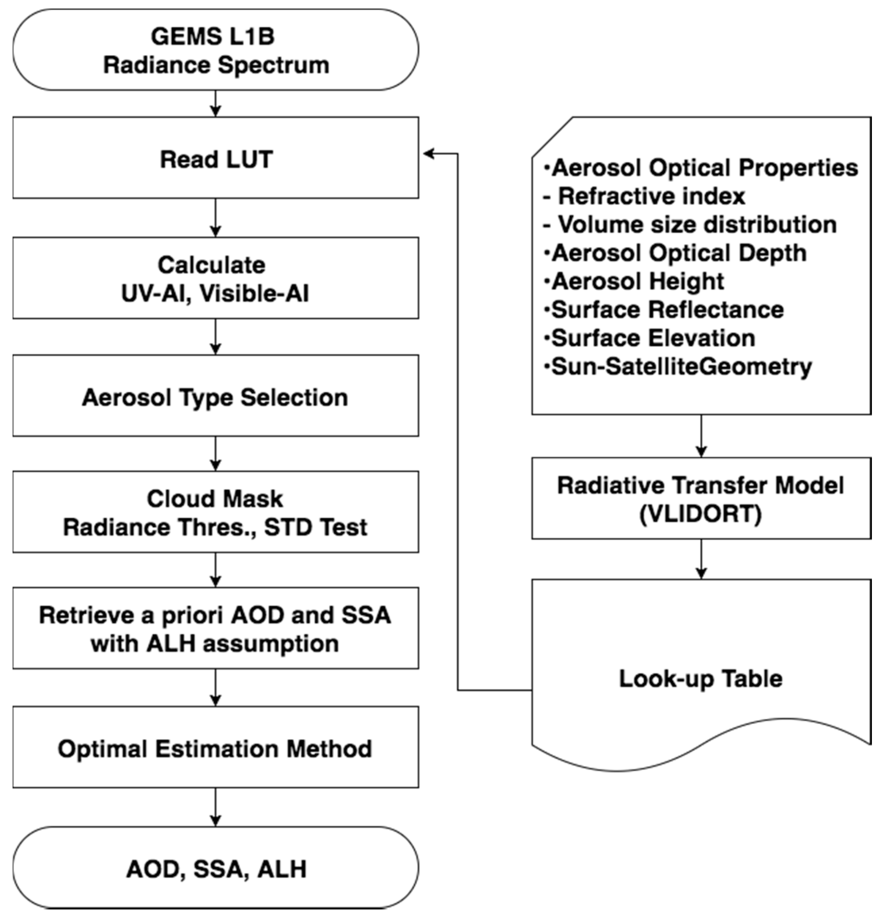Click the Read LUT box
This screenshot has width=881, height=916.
click(216, 158)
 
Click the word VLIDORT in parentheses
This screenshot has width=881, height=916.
click(701, 514)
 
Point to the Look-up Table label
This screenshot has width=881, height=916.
click(701, 679)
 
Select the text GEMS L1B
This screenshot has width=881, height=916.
click(213, 36)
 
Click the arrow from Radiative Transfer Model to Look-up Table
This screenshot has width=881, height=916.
click(701, 559)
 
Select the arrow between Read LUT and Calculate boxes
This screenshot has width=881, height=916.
click(216, 218)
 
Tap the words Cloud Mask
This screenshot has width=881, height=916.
click(215, 499)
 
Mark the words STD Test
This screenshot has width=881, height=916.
click(316, 527)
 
